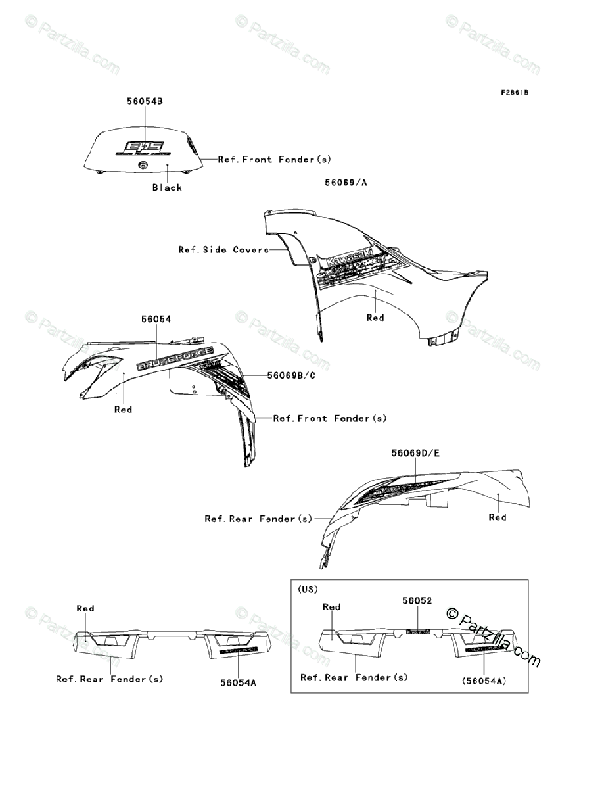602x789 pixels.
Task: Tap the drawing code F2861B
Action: pyautogui.click(x=514, y=92)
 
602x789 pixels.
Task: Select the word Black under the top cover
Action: pyautogui.click(x=167, y=187)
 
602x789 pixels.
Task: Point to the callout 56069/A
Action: pyautogui.click(x=346, y=182)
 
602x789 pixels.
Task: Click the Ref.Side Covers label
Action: pyautogui.click(x=223, y=250)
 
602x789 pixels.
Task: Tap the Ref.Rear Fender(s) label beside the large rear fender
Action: pyautogui.click(x=258, y=519)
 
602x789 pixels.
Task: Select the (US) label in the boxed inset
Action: pyautogui.click(x=308, y=590)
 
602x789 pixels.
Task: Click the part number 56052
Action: pyautogui.click(x=417, y=601)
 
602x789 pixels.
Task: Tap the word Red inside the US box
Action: pyautogui.click(x=332, y=607)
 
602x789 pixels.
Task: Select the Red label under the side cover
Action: pyautogui.click(x=375, y=318)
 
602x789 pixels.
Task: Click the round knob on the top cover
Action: pyautogui.click(x=143, y=167)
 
